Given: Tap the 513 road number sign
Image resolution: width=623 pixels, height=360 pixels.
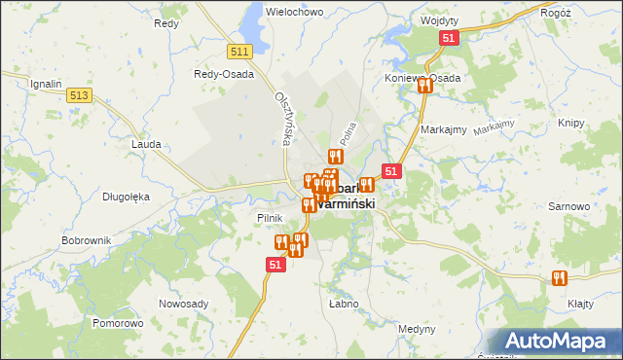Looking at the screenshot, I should (x=80, y=95).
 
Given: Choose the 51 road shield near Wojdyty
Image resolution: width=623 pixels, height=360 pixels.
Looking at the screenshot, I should (x=449, y=38).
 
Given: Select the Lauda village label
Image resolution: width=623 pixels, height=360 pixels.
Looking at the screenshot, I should (x=145, y=143).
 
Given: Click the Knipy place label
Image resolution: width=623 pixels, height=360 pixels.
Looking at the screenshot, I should (x=571, y=124).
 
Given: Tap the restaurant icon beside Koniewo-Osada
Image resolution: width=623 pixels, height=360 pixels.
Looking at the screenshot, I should (x=424, y=86).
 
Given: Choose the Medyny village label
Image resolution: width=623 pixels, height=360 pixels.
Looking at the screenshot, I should (x=418, y=329).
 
